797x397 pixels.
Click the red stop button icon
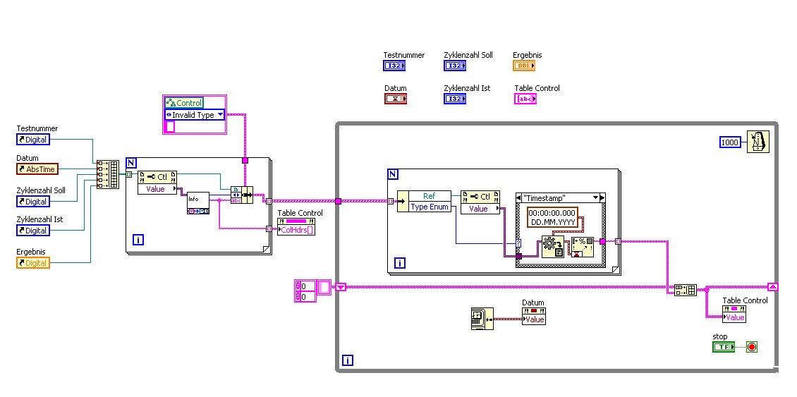751,347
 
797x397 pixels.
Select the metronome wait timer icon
759,142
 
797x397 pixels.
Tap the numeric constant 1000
730,142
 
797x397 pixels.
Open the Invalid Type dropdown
195,115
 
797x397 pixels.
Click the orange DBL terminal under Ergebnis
524,66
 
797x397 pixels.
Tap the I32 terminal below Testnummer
394,66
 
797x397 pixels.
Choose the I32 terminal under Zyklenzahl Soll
455,66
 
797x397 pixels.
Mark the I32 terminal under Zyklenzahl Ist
455,99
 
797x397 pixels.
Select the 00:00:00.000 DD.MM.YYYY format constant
552,217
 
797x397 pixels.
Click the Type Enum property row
430,207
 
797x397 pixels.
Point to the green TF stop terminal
723,347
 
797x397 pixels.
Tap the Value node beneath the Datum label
534,319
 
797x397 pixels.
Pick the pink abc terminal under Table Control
525,99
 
